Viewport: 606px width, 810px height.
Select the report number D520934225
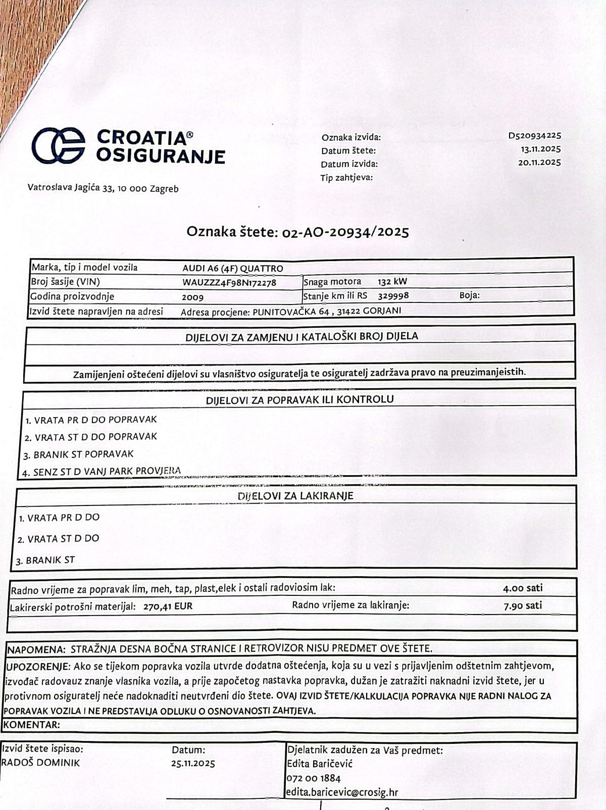point(534,136)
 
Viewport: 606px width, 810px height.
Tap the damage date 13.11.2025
point(540,149)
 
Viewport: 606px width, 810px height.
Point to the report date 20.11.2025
point(539,162)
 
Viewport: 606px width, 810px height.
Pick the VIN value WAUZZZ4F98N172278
point(229,282)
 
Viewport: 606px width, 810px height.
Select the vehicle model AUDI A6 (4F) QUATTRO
point(233,268)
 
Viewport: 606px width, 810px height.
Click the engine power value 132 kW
point(392,282)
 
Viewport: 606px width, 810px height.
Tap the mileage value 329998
point(393,295)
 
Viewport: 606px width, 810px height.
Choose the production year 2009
point(192,297)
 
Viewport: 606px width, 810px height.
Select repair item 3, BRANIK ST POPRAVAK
point(79,454)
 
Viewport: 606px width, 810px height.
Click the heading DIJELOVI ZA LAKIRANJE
point(295,496)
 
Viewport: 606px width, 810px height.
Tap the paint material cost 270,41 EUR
point(168,606)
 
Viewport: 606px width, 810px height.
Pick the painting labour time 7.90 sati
point(523,605)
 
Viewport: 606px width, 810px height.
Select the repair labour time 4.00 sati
point(523,588)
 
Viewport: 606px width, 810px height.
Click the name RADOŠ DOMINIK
point(40,763)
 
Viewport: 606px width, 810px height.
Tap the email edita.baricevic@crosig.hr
point(342,792)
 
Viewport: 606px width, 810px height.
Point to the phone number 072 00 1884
point(314,778)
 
